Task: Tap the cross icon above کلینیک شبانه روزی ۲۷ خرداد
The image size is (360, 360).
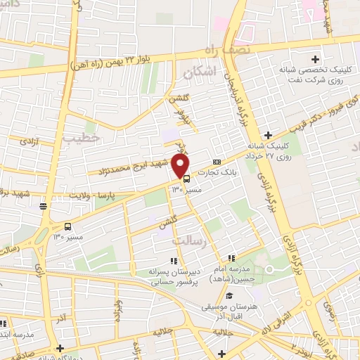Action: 268,135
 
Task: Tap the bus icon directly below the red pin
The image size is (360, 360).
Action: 176,179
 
